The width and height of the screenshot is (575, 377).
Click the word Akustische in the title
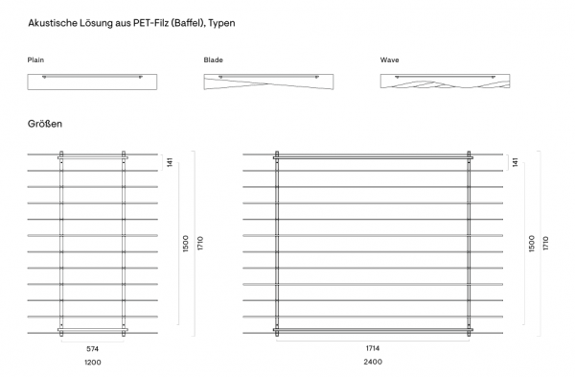click(53, 23)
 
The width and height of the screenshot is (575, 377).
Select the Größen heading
click(45, 124)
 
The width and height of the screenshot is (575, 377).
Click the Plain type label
click(35, 59)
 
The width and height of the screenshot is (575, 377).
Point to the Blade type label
click(213, 59)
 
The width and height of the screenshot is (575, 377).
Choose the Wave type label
click(389, 59)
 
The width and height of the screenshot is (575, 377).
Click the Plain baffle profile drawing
click(92, 82)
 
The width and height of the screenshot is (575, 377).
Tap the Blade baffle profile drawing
click(268, 82)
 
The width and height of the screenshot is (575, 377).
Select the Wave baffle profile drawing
click(445, 82)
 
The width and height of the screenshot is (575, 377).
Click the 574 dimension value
click(92, 349)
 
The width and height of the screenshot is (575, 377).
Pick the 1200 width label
click(93, 363)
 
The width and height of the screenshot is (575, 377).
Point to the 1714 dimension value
click(373, 348)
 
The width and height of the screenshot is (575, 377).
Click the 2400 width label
click(373, 362)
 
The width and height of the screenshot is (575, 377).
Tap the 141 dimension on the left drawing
click(170, 162)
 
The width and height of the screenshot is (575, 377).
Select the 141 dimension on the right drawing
click(516, 162)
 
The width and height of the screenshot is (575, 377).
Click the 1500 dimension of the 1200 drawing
click(186, 244)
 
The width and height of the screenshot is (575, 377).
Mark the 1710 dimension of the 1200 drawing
click(200, 244)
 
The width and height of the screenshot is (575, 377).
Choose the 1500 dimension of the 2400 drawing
click(532, 244)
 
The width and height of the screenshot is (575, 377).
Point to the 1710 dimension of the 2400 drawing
click(545, 244)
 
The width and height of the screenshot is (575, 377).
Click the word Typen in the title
click(222, 23)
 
